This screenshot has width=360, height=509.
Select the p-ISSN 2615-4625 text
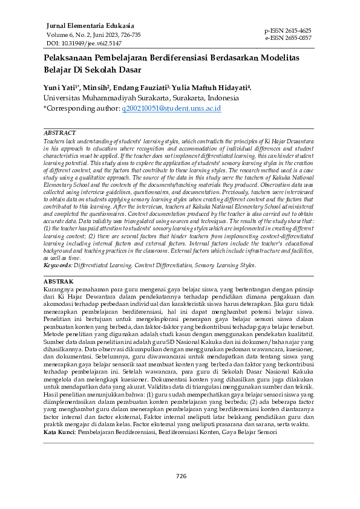coord(288,30)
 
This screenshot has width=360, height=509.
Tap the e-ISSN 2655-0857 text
coord(288,37)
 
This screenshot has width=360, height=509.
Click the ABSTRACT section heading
coord(61,132)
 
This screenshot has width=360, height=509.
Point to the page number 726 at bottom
coord(181,476)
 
